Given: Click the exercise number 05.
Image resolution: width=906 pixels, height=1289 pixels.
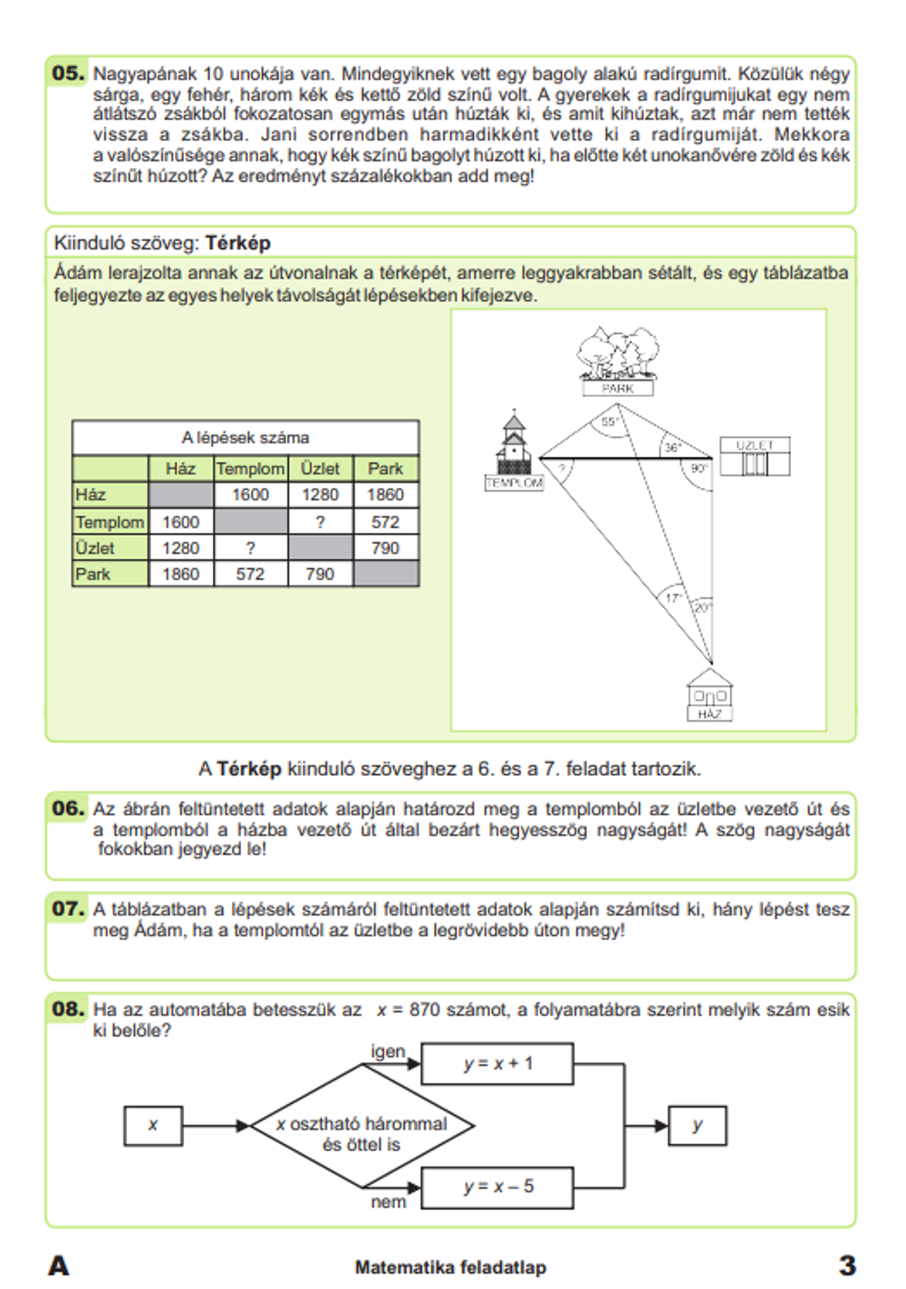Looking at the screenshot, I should click(x=68, y=73).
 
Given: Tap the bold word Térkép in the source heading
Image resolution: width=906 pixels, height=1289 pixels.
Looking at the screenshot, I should click(x=237, y=243).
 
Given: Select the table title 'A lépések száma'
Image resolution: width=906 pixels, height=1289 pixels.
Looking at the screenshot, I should click(x=245, y=438).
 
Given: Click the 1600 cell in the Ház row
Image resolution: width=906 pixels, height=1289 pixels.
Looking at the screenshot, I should click(x=250, y=495).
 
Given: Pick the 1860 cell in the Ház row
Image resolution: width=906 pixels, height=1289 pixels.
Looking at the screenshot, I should click(x=385, y=495).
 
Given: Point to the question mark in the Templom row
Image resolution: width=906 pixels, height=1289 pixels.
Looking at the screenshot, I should click(x=320, y=522).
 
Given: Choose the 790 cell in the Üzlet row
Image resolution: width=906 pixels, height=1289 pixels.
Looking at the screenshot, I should click(x=385, y=548).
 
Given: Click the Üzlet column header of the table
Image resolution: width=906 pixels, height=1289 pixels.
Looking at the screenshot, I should click(x=320, y=469).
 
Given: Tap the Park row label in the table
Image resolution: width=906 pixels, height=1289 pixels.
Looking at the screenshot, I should click(x=93, y=574).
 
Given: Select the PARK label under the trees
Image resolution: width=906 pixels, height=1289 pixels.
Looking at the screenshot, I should click(x=617, y=388).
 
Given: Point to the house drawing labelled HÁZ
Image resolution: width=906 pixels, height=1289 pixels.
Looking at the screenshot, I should click(x=709, y=694).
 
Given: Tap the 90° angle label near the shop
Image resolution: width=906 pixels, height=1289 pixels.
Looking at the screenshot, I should click(x=699, y=469).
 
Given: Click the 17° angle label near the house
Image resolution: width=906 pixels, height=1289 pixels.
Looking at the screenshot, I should click(x=673, y=598).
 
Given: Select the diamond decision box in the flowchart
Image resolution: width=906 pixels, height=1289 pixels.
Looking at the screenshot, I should click(x=361, y=1126).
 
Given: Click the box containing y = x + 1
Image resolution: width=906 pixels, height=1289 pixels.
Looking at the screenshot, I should click(x=497, y=1064).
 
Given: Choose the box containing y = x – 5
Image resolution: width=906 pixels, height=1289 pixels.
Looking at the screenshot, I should click(x=497, y=1187).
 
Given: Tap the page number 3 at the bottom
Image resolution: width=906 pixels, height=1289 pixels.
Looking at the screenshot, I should click(x=846, y=1265).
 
